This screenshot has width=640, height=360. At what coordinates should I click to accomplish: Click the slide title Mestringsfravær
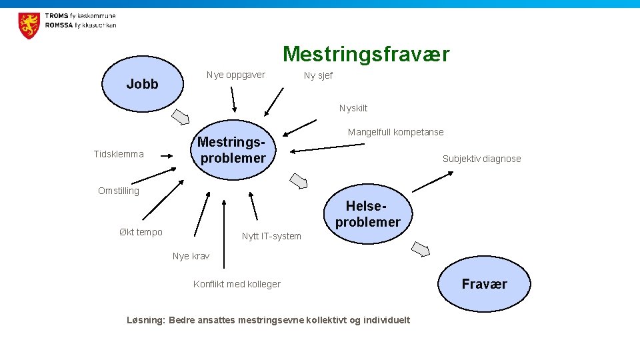point(366,54)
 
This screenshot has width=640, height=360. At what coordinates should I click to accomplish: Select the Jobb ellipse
point(143,84)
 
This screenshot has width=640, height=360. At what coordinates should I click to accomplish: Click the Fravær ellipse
point(485,284)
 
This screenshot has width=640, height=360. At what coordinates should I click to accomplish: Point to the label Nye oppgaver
point(235,75)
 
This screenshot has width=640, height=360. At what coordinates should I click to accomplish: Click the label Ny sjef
point(318,75)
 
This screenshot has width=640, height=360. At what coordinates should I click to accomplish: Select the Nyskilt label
point(353,108)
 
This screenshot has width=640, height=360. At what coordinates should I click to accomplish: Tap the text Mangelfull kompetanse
point(395,132)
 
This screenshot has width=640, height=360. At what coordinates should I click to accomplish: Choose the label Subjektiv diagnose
point(481,159)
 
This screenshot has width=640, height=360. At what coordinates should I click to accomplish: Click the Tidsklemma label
point(119,154)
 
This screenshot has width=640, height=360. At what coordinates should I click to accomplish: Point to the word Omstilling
point(119,191)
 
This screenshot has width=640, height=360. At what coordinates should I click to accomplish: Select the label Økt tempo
point(141,232)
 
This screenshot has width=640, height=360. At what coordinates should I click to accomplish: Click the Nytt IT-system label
point(271,236)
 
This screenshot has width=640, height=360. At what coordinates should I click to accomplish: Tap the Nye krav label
point(191,256)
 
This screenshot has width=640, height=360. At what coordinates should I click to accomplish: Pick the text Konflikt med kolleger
point(237,284)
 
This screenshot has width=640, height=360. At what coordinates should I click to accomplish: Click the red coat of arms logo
point(29,25)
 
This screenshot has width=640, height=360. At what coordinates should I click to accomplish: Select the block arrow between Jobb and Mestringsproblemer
point(181,117)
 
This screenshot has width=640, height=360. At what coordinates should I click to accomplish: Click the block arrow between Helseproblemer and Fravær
point(421,249)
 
